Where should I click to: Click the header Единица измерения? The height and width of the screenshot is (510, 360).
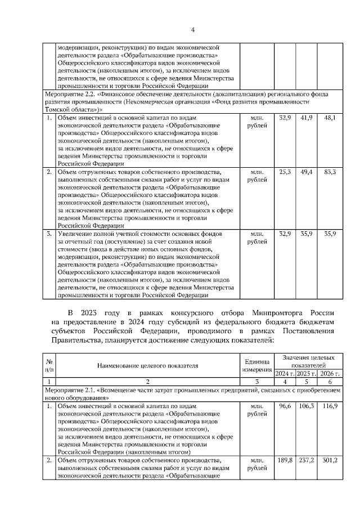click(257, 365)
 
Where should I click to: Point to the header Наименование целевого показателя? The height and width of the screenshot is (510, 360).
click(148, 365)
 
